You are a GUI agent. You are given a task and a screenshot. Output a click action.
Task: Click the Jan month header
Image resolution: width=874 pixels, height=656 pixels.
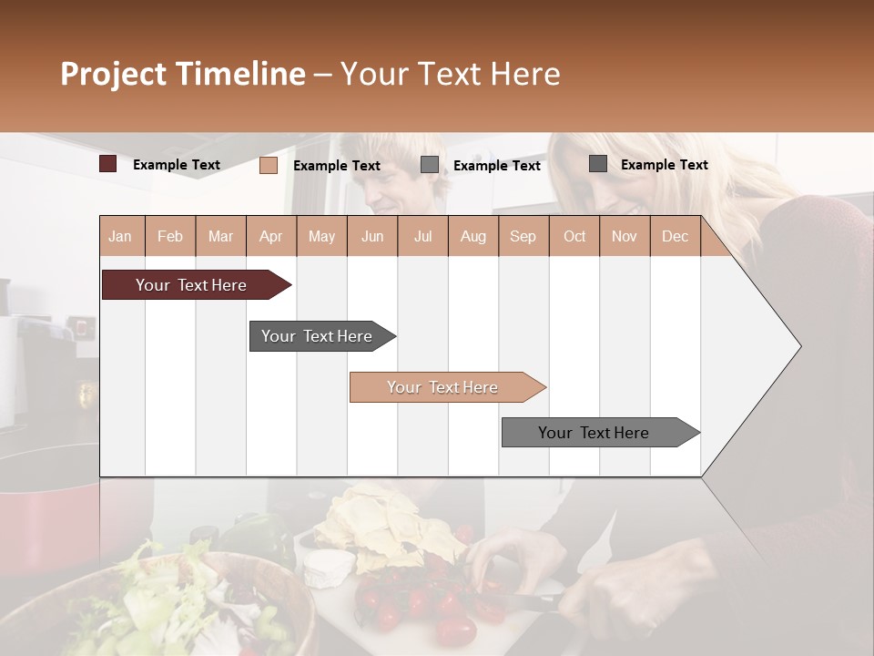pos(120,236)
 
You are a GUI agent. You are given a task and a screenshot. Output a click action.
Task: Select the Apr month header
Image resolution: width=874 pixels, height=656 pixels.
pos(270,236)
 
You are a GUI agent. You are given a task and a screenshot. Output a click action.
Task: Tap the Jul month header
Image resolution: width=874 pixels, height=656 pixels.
pos(422,236)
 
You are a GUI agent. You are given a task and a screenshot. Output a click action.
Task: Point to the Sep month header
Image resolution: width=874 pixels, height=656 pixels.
pos(523,236)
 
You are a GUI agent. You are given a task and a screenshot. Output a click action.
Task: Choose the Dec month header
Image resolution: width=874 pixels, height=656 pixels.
pos(675,236)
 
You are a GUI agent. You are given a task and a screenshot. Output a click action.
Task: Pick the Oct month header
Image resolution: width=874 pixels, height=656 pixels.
pos(574,236)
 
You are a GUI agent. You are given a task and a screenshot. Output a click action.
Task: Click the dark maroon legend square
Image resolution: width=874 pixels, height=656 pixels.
pos(107,164)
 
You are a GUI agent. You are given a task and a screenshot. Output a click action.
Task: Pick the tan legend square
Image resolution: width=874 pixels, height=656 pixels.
pos(268,165)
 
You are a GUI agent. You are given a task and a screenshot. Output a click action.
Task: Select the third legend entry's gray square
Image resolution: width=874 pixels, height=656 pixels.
pos(430,165)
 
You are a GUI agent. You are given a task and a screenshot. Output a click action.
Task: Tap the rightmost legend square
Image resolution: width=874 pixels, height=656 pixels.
pos(598,164)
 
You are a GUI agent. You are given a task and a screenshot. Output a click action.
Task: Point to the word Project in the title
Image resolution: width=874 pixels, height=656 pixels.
pos(114,74)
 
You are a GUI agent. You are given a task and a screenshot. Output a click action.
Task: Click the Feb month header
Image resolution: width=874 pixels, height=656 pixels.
pos(170,236)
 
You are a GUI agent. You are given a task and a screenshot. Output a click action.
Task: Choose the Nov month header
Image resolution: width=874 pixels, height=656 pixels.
pos(625,236)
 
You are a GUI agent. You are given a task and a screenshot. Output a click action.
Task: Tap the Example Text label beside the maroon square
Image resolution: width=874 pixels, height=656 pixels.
pos(177,165)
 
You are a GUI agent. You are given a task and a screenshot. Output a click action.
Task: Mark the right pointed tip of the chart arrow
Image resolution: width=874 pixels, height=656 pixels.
pos(799,346)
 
